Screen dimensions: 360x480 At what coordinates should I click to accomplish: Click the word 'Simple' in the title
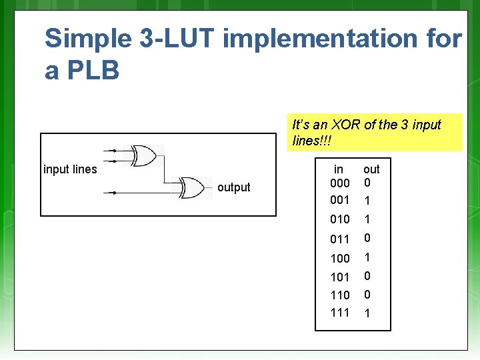88,39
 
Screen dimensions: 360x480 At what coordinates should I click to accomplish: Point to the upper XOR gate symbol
144,156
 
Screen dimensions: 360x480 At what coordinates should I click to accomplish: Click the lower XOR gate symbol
191,187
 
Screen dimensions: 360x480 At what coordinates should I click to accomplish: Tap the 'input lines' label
70,169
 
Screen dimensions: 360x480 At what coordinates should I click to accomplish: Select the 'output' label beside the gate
233,187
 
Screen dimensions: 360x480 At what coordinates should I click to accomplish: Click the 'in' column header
339,169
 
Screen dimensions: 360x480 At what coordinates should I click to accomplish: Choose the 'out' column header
371,169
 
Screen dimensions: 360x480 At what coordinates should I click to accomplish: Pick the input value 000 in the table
340,183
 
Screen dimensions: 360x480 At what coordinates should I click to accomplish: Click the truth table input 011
340,239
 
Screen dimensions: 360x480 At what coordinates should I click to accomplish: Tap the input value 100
340,258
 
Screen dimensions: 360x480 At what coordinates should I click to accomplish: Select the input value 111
340,313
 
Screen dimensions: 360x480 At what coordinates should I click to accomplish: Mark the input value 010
340,219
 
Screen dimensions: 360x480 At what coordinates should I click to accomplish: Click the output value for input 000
367,182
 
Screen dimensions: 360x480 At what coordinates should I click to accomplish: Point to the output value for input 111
367,313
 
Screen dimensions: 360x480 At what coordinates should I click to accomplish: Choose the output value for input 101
367,276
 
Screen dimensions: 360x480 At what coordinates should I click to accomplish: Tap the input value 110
340,295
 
